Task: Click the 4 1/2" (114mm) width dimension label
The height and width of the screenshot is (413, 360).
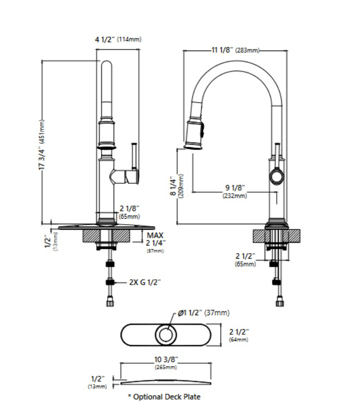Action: click(x=118, y=40)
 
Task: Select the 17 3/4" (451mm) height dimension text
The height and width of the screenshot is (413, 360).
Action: click(x=42, y=145)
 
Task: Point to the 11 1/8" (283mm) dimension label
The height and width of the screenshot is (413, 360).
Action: click(x=235, y=50)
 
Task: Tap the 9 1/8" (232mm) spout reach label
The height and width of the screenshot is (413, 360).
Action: click(x=235, y=191)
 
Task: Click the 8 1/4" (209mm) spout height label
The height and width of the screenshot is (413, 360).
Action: click(x=177, y=186)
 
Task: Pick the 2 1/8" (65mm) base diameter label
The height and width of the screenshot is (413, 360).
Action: click(x=129, y=212)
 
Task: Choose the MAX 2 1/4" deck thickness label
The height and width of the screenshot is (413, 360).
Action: click(x=155, y=242)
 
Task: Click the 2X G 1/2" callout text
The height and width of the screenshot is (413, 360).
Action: click(x=145, y=282)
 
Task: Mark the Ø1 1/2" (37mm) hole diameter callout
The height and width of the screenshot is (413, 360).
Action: click(x=203, y=313)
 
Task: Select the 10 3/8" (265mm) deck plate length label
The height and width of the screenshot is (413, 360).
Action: click(x=166, y=363)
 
